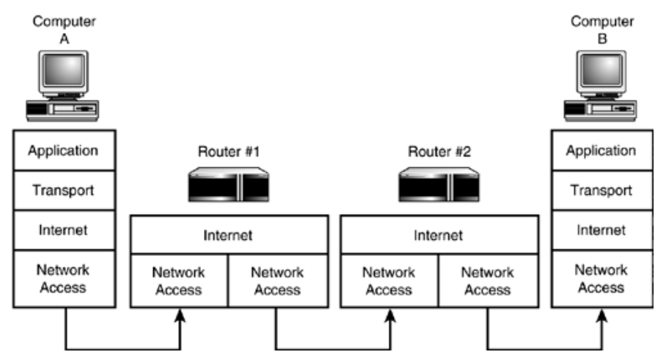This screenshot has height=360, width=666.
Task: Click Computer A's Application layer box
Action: tap(63, 151)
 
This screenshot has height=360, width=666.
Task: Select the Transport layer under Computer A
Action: tap(63, 190)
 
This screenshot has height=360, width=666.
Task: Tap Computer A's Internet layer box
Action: tap(63, 230)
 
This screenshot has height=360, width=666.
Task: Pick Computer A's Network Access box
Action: tap(63, 278)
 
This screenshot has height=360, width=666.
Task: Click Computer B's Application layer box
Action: tap(601, 151)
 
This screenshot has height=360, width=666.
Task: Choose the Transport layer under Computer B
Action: tap(601, 190)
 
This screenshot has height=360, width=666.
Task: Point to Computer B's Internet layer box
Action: tap(601, 230)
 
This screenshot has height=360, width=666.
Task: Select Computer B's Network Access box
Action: tap(601, 278)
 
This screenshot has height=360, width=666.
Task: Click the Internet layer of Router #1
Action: tap(228, 235)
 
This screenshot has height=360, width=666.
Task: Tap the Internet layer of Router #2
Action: tap(438, 235)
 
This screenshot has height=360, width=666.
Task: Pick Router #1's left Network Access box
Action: tap(179, 280)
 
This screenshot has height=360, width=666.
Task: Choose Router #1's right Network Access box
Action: tap(277, 280)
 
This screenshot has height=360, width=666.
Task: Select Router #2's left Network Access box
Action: tap(389, 280)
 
